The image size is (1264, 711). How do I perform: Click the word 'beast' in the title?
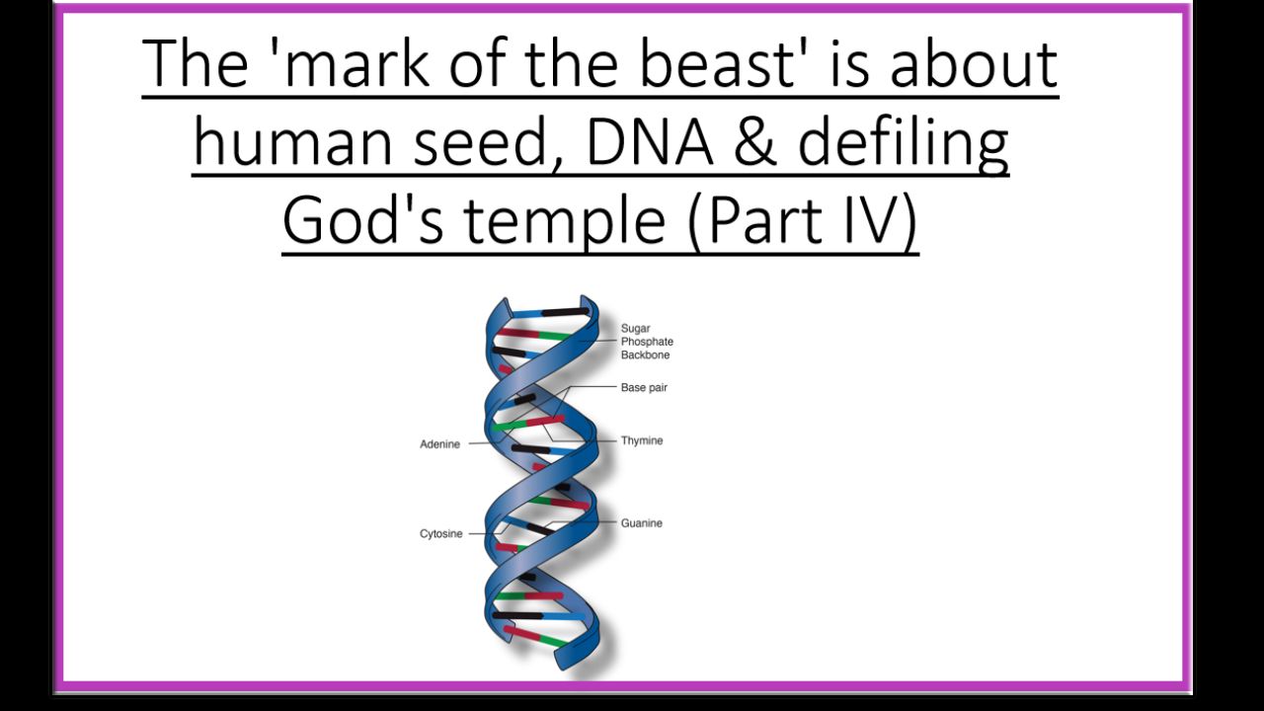click(718, 63)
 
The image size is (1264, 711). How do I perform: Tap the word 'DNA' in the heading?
click(650, 141)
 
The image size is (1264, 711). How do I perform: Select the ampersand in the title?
click(755, 141)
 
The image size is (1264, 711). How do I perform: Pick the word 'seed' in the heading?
click(481, 141)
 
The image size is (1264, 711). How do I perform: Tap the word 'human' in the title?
click(293, 141)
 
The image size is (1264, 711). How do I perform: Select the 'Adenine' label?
click(439, 444)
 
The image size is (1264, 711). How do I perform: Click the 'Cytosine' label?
click(440, 534)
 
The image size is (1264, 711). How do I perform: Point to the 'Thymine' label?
click(642, 440)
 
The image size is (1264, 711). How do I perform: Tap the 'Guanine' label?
click(642, 523)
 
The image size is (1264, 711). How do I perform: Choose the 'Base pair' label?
click(644, 388)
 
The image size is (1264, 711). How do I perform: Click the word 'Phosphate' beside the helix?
click(647, 342)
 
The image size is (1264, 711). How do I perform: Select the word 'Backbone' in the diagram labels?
click(645, 355)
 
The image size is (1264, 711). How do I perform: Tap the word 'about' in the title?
click(974, 63)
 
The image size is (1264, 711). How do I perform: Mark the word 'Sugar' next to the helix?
click(635, 329)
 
